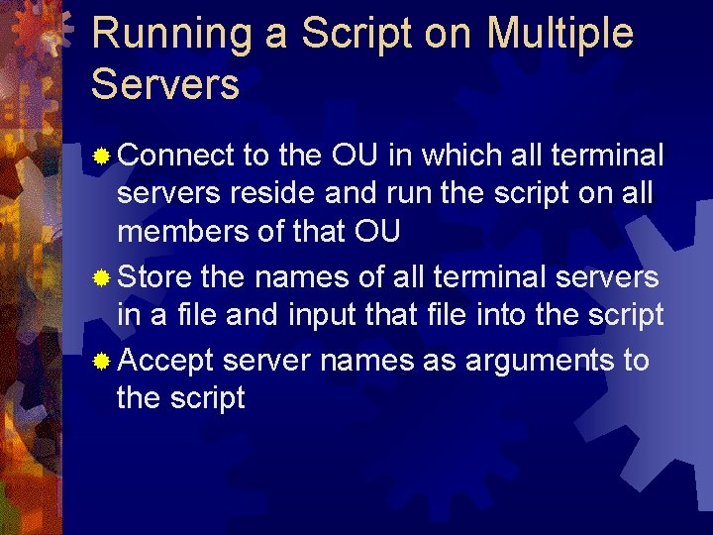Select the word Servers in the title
(x=165, y=84)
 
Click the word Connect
(x=175, y=156)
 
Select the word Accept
(x=165, y=360)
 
